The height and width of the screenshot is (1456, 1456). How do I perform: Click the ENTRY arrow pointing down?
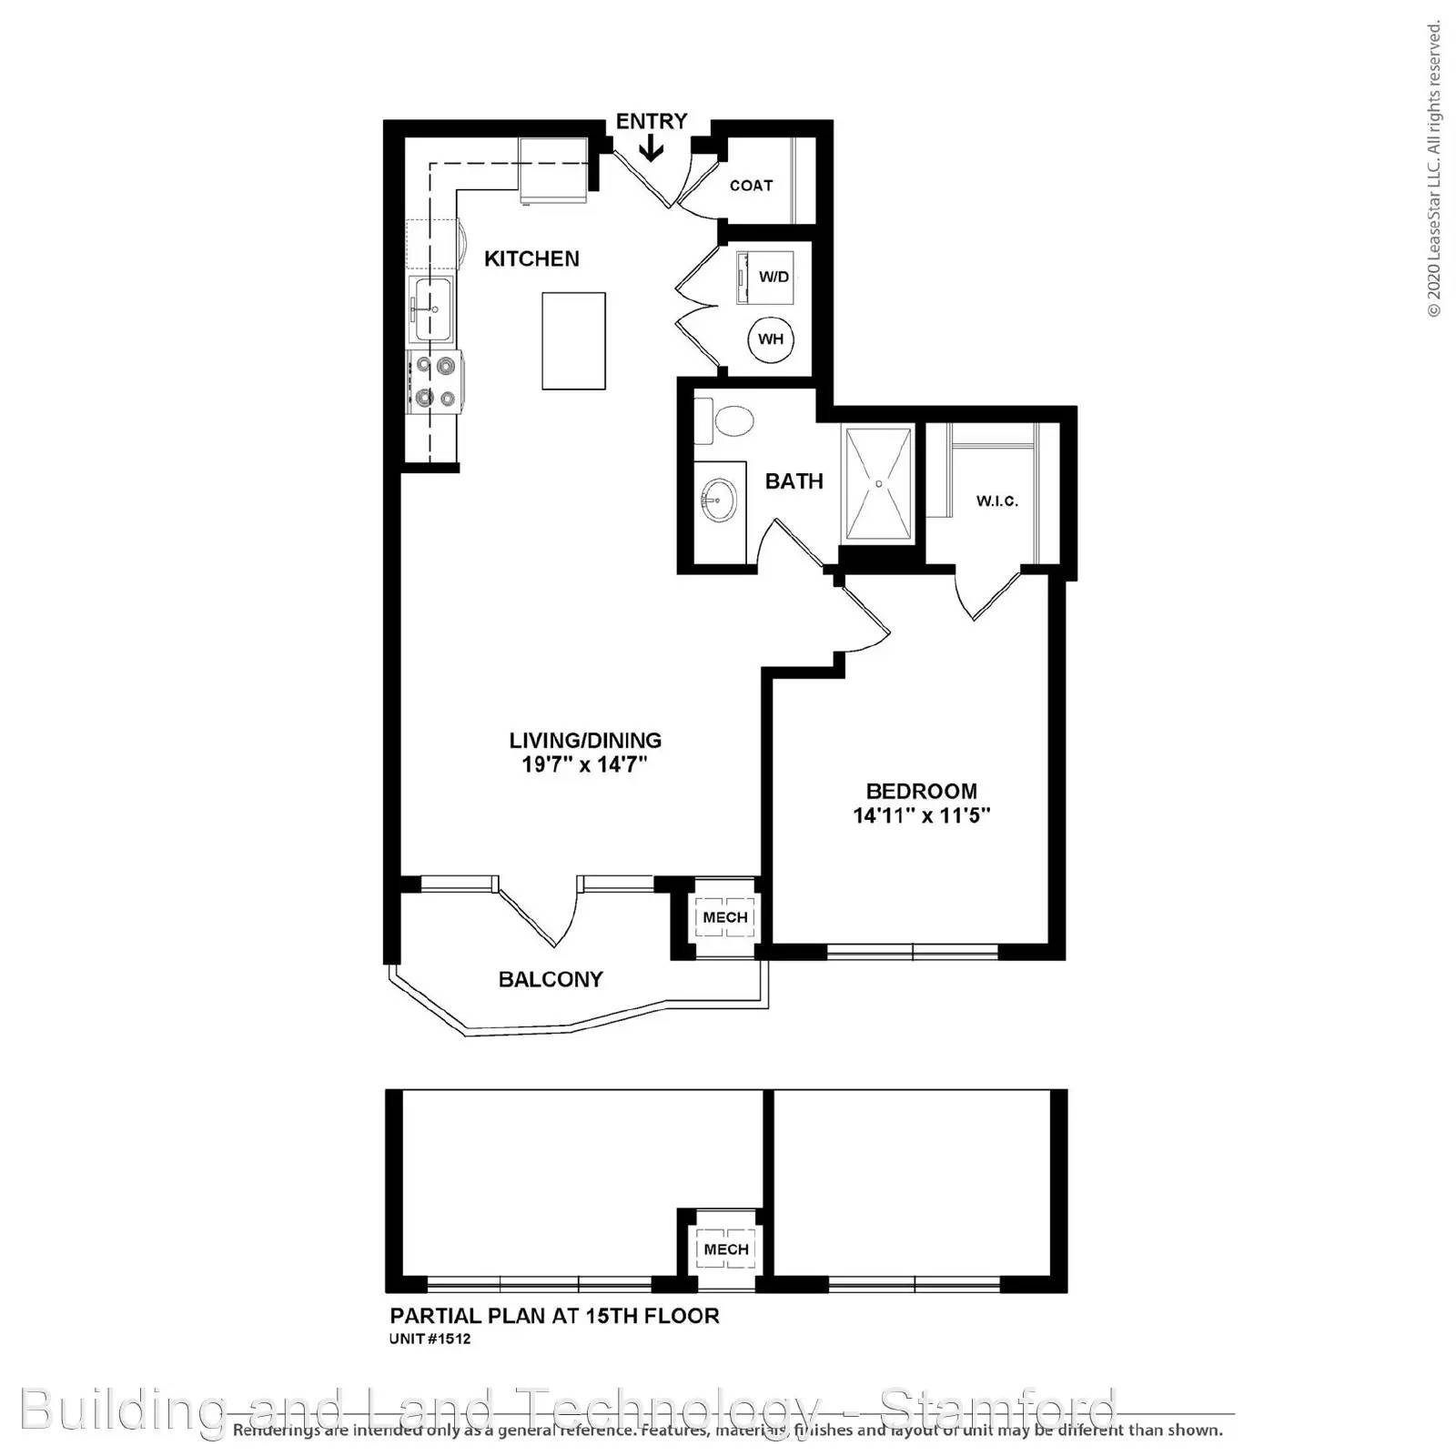click(651, 148)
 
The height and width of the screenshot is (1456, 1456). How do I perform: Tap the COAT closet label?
click(751, 186)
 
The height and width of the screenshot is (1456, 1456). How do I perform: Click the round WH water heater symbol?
click(771, 339)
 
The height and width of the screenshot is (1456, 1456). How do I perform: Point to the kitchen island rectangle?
click(573, 340)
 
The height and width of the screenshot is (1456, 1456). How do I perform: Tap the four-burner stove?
click(434, 381)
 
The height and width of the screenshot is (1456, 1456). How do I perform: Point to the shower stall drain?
click(878, 485)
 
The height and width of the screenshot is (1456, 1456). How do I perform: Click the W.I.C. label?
click(996, 501)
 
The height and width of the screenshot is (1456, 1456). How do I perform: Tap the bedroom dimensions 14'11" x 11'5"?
click(921, 815)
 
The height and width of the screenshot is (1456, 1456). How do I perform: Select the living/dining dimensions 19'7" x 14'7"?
click(583, 764)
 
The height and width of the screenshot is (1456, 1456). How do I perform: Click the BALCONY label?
click(551, 979)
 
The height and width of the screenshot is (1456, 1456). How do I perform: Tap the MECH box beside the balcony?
click(725, 917)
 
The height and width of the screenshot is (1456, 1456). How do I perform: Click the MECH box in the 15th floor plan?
click(726, 1249)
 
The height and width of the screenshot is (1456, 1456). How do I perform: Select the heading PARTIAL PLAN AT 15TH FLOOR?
click(554, 1316)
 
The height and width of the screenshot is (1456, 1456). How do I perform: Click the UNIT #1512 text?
click(430, 1340)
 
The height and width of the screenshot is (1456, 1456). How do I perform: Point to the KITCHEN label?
click(531, 258)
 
